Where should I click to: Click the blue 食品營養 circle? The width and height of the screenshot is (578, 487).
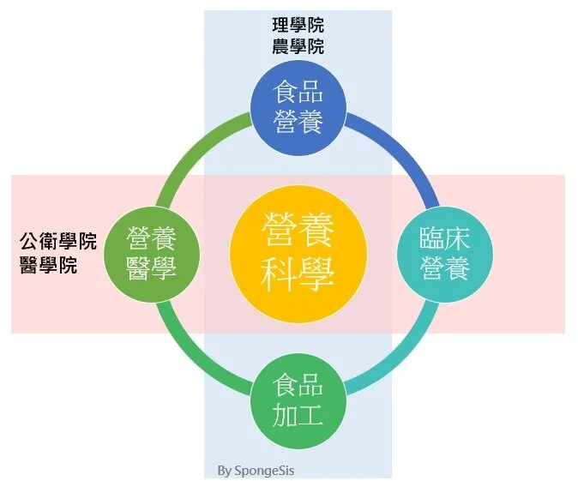(298, 107)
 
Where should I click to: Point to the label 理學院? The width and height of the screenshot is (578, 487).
(298, 27)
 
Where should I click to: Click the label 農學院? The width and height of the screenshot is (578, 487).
(298, 46)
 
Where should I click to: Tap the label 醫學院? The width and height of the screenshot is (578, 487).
(48, 265)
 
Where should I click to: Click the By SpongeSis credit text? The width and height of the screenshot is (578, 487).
(256, 470)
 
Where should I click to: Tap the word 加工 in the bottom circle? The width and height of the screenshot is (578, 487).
(298, 417)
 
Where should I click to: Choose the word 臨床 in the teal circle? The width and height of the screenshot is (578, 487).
(445, 237)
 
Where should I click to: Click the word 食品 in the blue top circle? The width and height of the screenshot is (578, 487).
(298, 92)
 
